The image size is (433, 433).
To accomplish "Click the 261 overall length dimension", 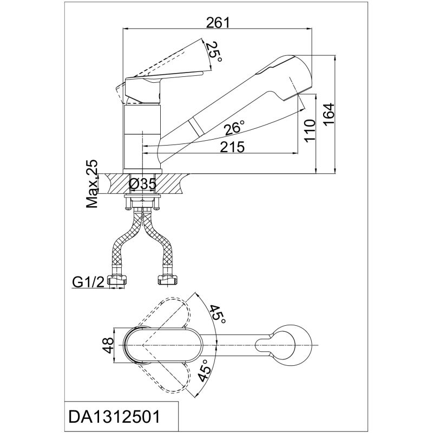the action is [218, 23].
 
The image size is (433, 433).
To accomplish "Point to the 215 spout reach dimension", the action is [232, 147].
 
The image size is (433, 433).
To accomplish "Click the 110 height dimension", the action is [310, 130].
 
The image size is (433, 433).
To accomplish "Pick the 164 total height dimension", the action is [329, 115].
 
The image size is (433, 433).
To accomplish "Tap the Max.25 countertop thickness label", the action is [92, 184].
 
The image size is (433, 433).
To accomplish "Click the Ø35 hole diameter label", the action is [143, 183].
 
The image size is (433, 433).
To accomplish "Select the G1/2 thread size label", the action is [88, 282].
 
